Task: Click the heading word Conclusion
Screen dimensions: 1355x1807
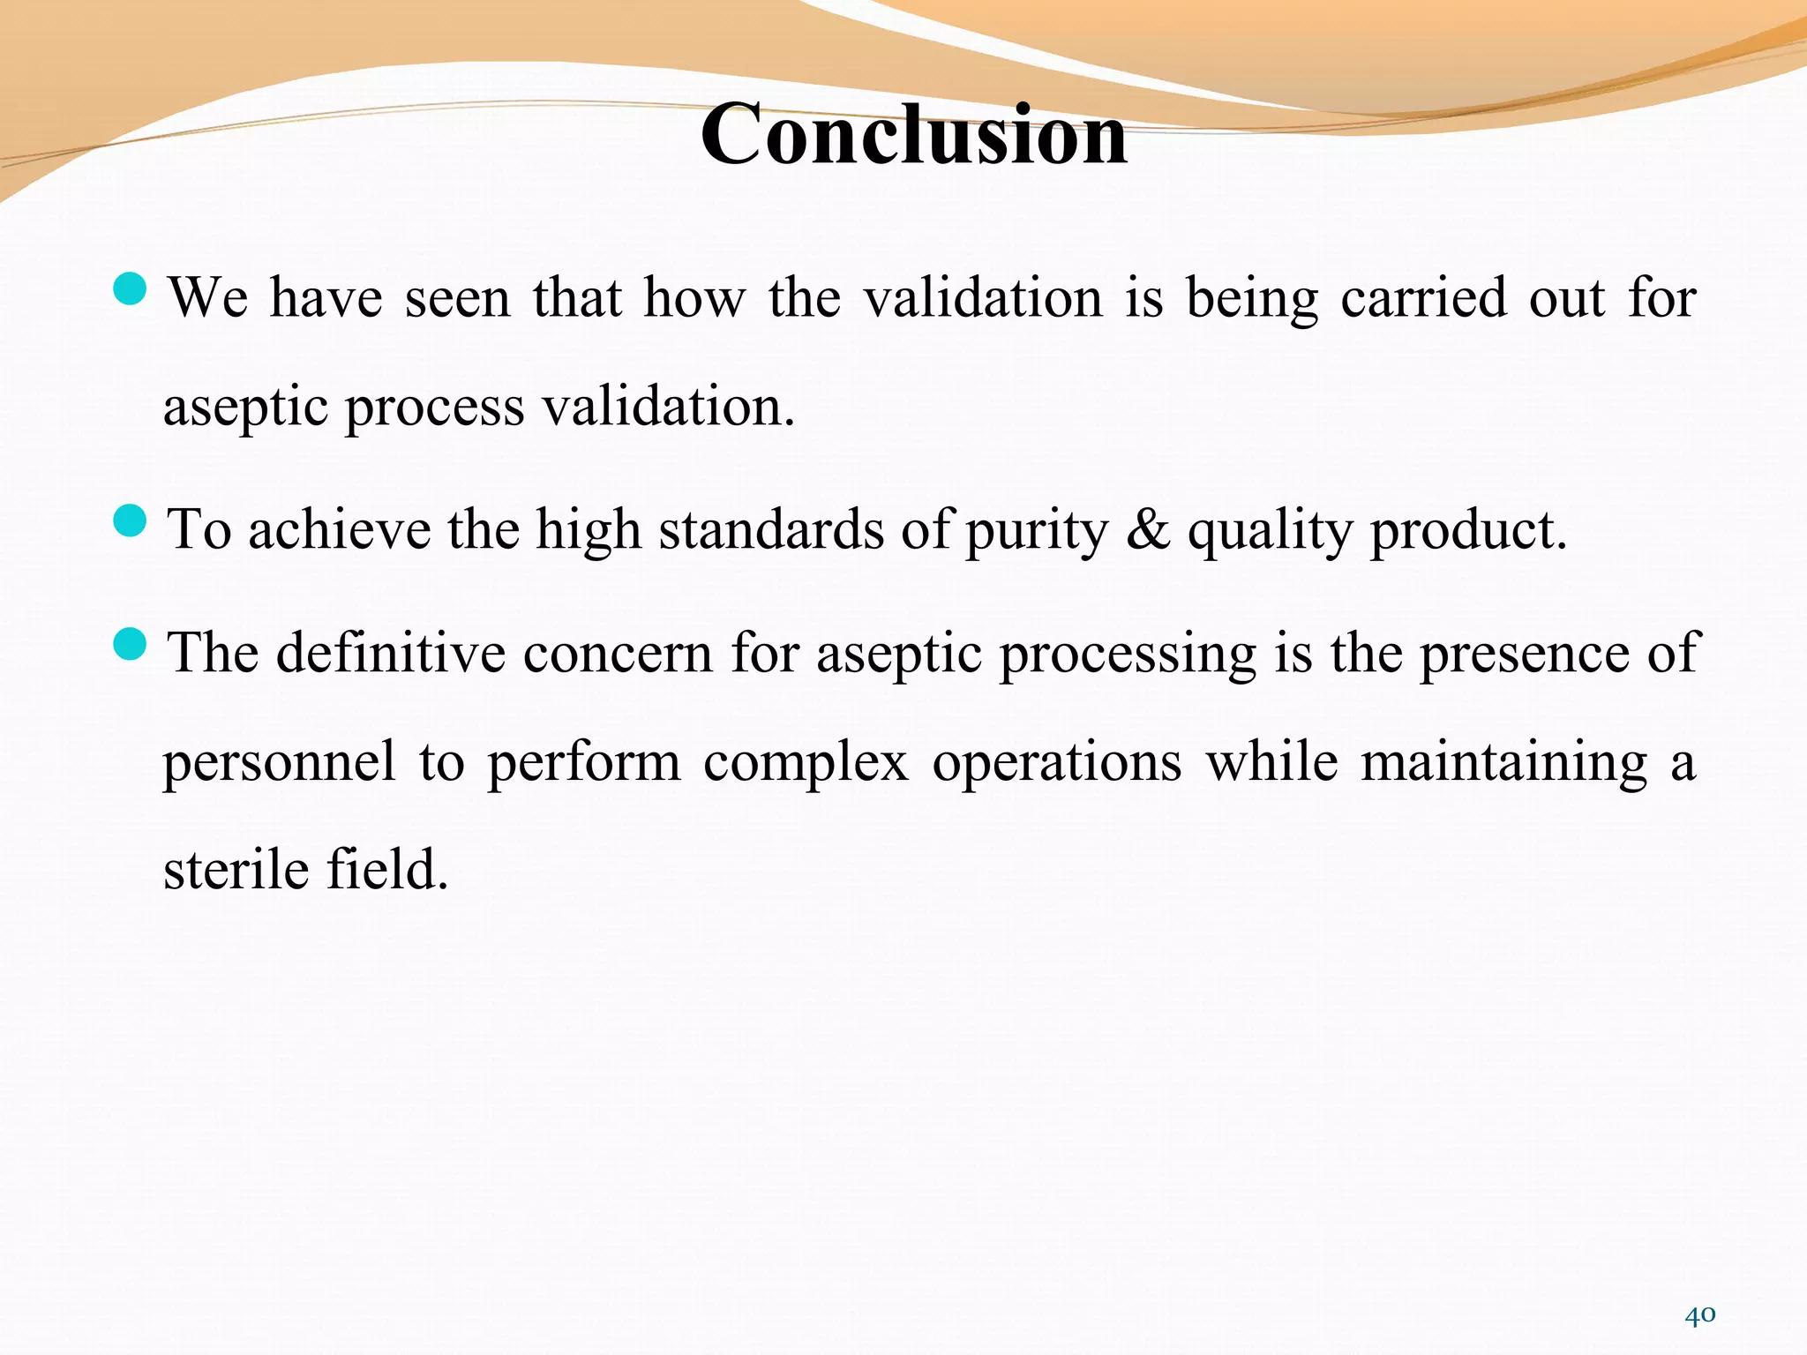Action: [x=913, y=134]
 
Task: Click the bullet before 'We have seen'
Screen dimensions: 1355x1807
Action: [x=131, y=288]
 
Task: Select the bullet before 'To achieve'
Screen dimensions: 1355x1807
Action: [x=131, y=520]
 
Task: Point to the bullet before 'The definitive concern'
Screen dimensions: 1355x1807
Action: [x=131, y=643]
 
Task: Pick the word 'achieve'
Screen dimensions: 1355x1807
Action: [x=339, y=530]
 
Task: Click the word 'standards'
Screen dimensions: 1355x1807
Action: [x=770, y=530]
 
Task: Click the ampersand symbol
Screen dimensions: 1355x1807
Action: [x=1147, y=530]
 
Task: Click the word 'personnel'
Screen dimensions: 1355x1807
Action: [x=279, y=762]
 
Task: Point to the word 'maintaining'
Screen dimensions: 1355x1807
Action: [x=1503, y=762]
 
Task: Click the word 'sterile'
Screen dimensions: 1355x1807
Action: [x=236, y=870]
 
